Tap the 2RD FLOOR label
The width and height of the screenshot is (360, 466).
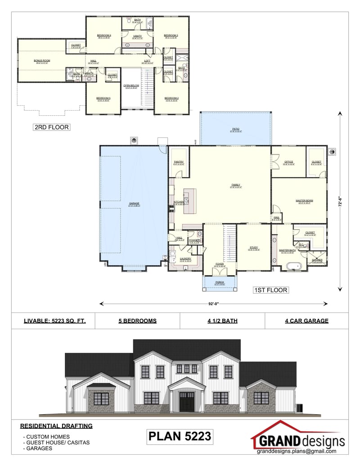tap(51, 127)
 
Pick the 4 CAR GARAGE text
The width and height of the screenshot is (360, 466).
tap(306, 321)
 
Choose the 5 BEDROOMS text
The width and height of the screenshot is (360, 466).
tap(138, 321)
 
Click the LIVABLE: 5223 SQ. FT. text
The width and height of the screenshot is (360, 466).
tap(54, 321)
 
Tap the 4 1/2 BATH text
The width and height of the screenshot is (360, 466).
tap(222, 321)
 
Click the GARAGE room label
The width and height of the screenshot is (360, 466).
tap(134, 204)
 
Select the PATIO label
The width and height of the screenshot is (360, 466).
tap(236, 129)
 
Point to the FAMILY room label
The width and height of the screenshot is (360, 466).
tap(235, 185)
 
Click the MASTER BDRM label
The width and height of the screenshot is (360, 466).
tap(305, 200)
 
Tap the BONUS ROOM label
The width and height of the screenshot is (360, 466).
tap(42, 60)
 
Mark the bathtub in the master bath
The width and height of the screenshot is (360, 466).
tap(293, 267)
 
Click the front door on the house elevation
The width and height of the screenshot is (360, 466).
tap(186, 402)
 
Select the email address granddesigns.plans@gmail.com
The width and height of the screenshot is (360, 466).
tap(297, 451)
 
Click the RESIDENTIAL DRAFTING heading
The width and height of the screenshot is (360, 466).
tap(56, 425)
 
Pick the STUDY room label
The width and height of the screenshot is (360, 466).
tap(253, 248)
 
